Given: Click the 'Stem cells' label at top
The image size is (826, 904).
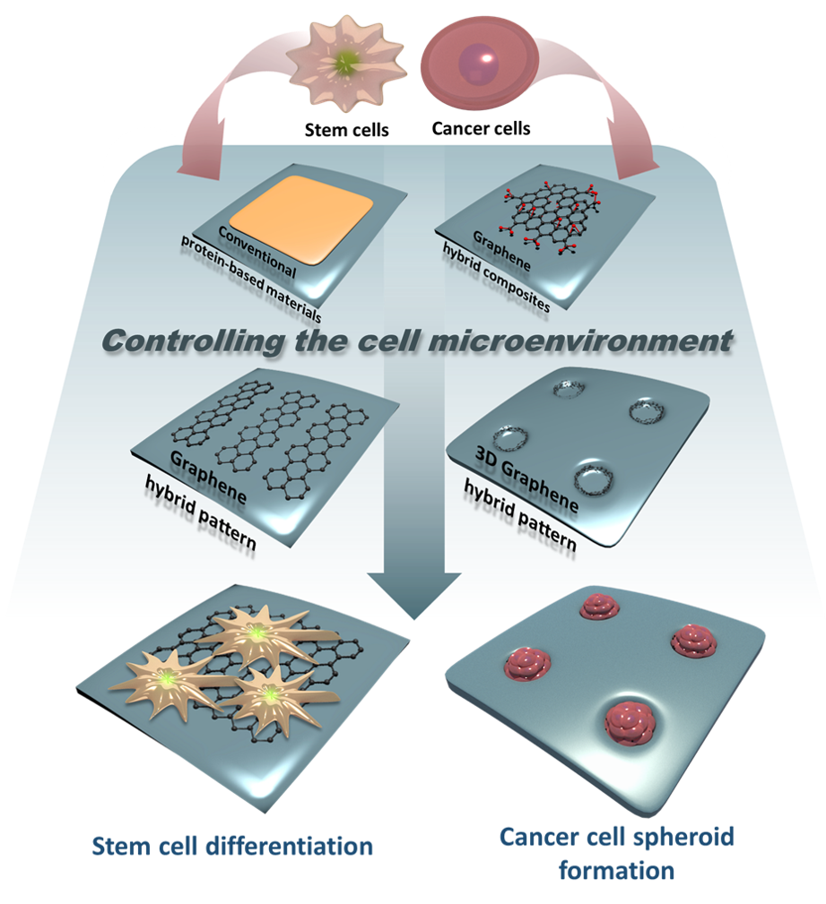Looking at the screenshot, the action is pyautogui.click(x=346, y=130).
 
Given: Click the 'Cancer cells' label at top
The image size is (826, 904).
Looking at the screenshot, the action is pyautogui.click(x=481, y=128).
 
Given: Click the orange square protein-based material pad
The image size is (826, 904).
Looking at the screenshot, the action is pyautogui.click(x=302, y=220).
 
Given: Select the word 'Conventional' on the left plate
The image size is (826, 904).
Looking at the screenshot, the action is pyautogui.click(x=256, y=252).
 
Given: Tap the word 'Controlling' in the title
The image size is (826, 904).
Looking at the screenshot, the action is pyautogui.click(x=193, y=341).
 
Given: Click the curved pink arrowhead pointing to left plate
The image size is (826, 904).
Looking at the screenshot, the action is pyautogui.click(x=199, y=165).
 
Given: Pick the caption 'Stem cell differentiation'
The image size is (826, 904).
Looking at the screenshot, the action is pyautogui.click(x=232, y=847).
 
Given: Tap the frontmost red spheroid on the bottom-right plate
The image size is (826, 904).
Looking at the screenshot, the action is pyautogui.click(x=630, y=722).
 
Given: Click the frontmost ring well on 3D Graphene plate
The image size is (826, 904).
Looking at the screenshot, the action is pyautogui.click(x=593, y=478).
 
